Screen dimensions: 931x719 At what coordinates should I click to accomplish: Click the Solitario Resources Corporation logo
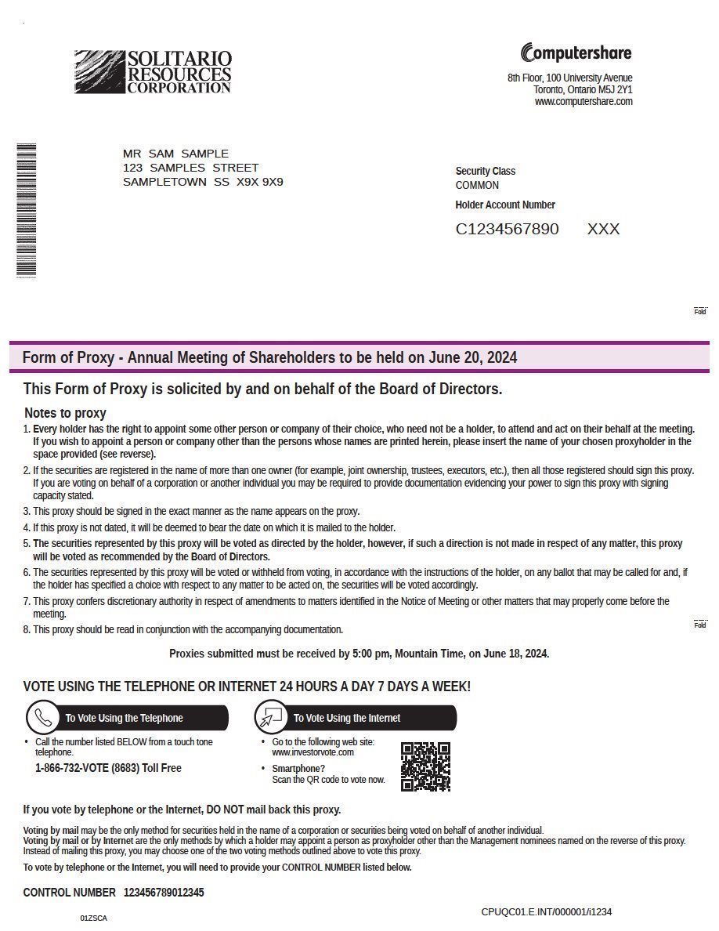(x=153, y=72)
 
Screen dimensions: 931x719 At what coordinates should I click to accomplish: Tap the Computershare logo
(x=576, y=53)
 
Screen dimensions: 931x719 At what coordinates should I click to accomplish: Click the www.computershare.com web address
(x=584, y=102)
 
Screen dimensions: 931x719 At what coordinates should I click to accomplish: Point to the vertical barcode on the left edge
(x=27, y=210)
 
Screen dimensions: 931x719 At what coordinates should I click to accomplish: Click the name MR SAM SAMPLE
(x=175, y=154)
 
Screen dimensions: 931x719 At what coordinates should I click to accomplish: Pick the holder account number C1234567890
(x=508, y=229)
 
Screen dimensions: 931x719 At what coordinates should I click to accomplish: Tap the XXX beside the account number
(x=603, y=229)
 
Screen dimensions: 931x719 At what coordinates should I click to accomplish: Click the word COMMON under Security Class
(x=477, y=186)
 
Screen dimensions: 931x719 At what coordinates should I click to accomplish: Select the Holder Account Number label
(x=505, y=205)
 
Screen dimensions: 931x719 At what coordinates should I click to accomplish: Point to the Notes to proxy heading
(x=65, y=413)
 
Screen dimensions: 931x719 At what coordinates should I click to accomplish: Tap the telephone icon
(x=44, y=718)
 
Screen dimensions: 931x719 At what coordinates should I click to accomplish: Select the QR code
(x=425, y=766)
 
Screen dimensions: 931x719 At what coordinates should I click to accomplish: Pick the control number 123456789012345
(x=164, y=893)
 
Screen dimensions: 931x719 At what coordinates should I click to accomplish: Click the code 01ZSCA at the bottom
(x=93, y=918)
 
